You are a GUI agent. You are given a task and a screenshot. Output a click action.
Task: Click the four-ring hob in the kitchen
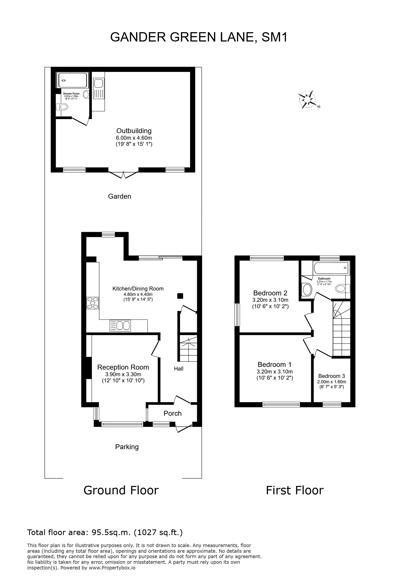[92, 303]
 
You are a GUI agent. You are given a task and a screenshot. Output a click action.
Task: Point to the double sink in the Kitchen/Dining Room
[120, 326]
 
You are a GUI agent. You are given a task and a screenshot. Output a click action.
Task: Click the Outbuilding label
[134, 131]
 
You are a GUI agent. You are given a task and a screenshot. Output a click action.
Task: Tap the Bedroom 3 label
[332, 376]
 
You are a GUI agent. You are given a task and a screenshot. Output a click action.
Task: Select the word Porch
[172, 413]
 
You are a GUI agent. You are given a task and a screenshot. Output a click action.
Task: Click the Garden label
[120, 196]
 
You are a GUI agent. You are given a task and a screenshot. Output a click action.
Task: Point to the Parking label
[127, 447]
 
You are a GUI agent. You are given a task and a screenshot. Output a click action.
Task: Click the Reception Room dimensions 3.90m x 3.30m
[123, 374]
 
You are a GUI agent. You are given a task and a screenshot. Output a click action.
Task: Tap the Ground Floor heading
[121, 490]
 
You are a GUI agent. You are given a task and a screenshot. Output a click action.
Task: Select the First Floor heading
[294, 490]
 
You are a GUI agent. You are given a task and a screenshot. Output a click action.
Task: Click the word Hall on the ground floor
[178, 369]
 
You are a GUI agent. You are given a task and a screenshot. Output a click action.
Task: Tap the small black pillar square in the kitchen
[180, 296]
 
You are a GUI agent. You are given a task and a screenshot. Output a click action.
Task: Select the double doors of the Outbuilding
[123, 175]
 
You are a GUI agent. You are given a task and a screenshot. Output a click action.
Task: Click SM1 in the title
[275, 37]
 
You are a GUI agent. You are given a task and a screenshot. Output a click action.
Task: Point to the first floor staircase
[341, 333]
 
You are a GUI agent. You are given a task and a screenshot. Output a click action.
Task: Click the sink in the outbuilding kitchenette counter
[98, 83]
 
